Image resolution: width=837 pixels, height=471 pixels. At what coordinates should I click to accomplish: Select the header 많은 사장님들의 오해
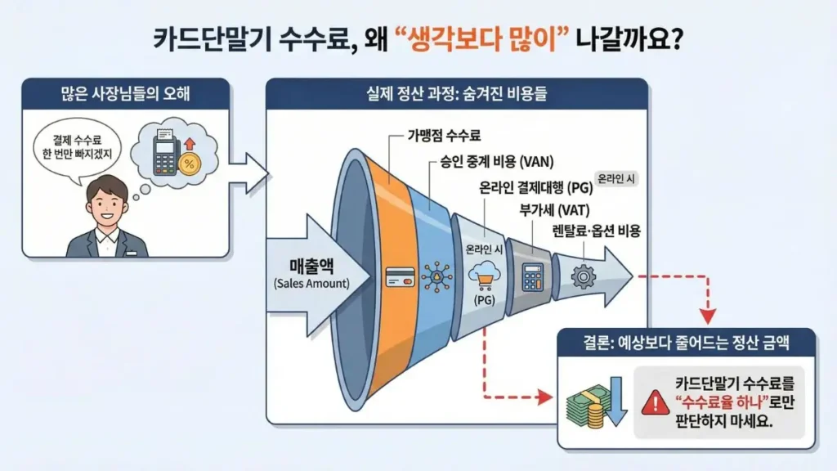(126, 90)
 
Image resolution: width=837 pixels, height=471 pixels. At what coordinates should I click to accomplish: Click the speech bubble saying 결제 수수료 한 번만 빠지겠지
(79, 148)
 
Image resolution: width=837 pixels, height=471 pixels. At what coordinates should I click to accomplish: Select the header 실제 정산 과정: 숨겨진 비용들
(457, 92)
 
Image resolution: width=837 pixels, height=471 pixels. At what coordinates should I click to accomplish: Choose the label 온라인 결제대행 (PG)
(535, 186)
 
